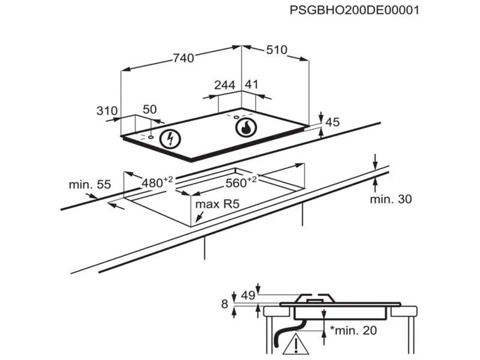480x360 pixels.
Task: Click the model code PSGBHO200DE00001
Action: click(x=354, y=10)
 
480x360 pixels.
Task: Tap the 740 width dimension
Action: click(x=184, y=58)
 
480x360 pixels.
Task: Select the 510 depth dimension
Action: click(x=277, y=50)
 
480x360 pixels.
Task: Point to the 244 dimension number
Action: click(x=224, y=85)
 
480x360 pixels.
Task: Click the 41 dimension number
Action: click(x=251, y=84)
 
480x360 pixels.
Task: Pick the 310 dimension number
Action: click(x=107, y=110)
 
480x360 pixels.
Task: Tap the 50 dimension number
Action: click(x=149, y=109)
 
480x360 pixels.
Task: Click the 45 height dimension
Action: click(x=333, y=122)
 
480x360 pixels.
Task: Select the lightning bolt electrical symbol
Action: click(x=170, y=139)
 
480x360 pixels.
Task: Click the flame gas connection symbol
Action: click(x=246, y=127)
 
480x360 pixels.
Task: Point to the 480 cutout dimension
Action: click(x=157, y=182)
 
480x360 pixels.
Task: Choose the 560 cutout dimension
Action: click(x=241, y=182)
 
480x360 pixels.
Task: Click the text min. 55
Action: click(x=89, y=185)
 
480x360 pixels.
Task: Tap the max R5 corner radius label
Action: click(x=217, y=204)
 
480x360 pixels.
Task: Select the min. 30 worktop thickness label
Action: click(x=391, y=199)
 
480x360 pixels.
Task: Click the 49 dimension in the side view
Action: click(x=248, y=295)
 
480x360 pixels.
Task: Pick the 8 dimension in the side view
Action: click(x=224, y=304)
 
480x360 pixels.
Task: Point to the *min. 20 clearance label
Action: click(x=353, y=331)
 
